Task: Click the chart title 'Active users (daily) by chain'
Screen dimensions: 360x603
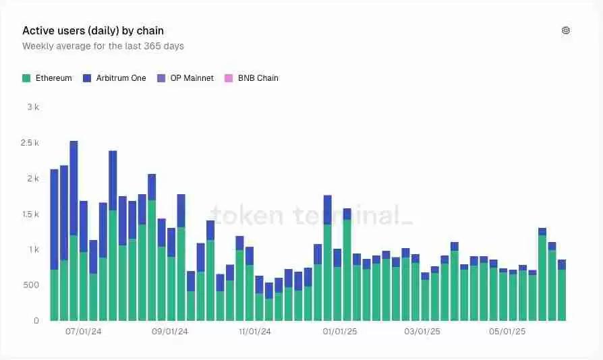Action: [x=93, y=31]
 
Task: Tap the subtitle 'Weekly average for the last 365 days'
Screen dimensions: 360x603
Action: [x=103, y=47]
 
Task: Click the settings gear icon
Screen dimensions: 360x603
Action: [x=566, y=30]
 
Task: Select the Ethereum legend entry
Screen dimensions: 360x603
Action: [x=47, y=78]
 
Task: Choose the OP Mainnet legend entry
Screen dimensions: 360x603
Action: [x=185, y=78]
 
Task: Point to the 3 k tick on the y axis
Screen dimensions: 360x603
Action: [x=34, y=107]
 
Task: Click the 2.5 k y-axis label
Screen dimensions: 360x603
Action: [x=30, y=143]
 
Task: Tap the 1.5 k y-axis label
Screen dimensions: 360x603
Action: [x=30, y=214]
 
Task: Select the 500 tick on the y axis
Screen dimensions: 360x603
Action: [x=32, y=285]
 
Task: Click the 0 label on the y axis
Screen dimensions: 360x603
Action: [x=36, y=321]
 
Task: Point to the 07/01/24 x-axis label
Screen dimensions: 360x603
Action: [x=84, y=332]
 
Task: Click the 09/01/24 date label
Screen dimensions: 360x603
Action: [x=170, y=332]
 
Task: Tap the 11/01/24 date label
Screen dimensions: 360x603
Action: [x=255, y=332]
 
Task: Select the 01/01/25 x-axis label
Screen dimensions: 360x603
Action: [x=341, y=332]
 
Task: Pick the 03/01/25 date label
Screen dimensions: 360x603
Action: [x=423, y=332]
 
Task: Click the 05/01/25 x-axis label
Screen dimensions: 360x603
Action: [x=508, y=332]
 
